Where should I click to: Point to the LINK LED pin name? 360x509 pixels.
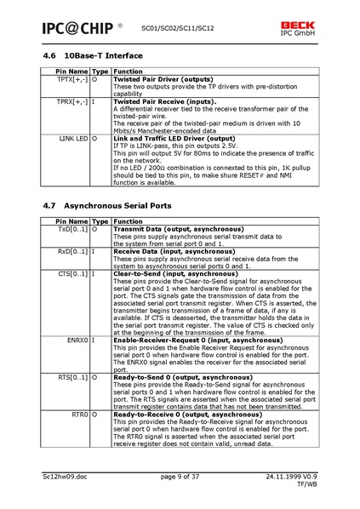pyautogui.click(x=74, y=137)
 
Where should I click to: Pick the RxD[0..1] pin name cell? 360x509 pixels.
pyautogui.click(x=72, y=251)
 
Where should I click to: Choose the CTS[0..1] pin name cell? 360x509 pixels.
pyautogui.click(x=72, y=274)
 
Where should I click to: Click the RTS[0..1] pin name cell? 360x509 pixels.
pyautogui.click(x=72, y=376)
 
